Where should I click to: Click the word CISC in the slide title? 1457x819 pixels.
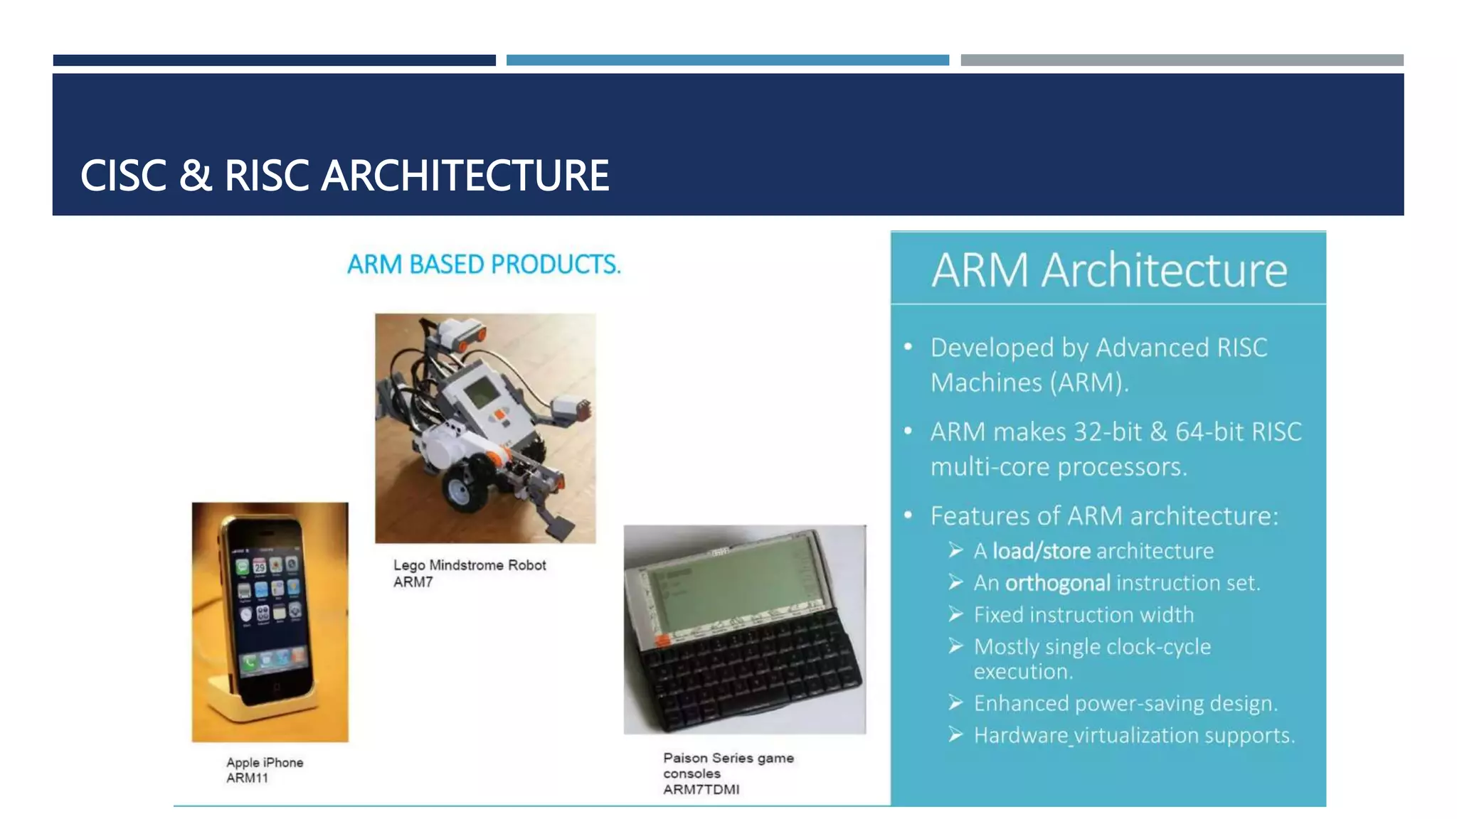point(123,176)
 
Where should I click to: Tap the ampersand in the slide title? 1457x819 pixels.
point(196,176)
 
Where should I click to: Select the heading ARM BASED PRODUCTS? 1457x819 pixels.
point(484,264)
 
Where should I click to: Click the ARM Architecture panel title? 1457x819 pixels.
point(1109,270)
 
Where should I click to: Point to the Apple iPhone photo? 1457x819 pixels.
point(270,622)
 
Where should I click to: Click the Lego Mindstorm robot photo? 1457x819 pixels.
point(485,428)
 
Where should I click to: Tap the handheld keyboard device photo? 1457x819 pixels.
point(745,629)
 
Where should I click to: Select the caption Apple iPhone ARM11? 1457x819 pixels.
point(265,770)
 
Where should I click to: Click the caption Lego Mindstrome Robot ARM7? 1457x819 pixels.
point(470,573)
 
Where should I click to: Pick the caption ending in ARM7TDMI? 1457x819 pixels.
point(728,773)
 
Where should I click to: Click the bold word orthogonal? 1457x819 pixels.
point(1057,583)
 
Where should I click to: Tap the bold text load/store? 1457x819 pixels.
point(1042,551)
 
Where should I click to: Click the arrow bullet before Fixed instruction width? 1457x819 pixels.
point(955,614)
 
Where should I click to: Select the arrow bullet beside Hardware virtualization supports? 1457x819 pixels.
point(955,734)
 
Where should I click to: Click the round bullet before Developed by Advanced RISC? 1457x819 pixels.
point(908,347)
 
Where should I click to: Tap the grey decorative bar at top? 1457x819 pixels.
point(1182,60)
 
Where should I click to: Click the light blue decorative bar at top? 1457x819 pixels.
point(727,60)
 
